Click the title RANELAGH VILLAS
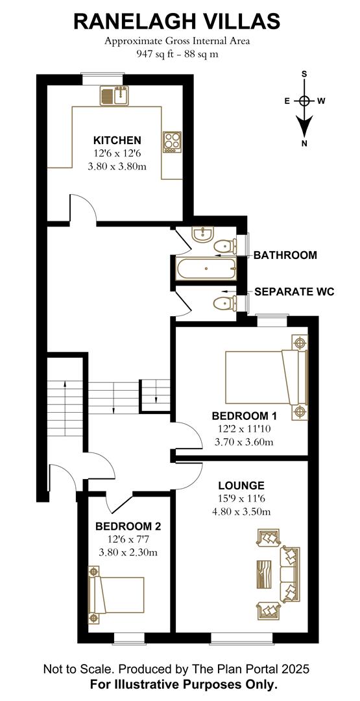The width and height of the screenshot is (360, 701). point(176,21)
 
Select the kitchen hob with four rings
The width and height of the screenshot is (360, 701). point(172,142)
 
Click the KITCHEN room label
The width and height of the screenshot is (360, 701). point(117,140)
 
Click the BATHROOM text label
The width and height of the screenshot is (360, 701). point(285,255)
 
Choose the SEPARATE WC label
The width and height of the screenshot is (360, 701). point(294,292)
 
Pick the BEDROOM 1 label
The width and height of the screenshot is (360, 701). point(244,416)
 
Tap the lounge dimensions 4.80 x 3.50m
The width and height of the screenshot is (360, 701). point(241,511)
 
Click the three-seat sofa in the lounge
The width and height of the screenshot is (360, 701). point(289,574)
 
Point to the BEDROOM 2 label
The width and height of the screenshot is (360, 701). point(128,526)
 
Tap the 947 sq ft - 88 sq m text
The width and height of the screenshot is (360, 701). point(176,54)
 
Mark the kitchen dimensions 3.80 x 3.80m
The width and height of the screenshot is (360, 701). point(117,166)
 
